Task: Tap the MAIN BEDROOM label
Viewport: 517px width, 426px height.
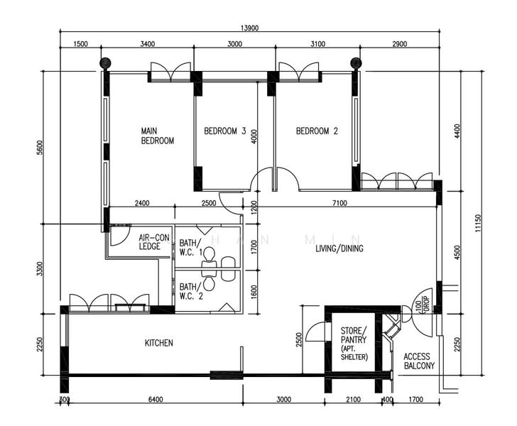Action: [157, 136]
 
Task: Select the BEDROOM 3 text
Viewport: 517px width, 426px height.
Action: [224, 131]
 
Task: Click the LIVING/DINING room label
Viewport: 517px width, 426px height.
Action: [339, 248]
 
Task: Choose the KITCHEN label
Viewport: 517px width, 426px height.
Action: [158, 343]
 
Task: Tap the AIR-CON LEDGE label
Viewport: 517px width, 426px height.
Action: [153, 242]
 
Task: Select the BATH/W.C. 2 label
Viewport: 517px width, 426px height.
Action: [191, 291]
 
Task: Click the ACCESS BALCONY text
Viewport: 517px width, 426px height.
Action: [418, 361]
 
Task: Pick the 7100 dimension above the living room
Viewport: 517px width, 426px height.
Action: [337, 203]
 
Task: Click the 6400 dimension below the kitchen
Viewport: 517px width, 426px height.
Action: [155, 400]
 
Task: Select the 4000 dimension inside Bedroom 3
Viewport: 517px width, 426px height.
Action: [254, 136]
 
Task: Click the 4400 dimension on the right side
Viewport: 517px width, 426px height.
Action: [458, 131]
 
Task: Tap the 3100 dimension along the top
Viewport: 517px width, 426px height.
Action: [317, 44]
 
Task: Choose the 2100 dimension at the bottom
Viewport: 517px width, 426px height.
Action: [353, 400]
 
